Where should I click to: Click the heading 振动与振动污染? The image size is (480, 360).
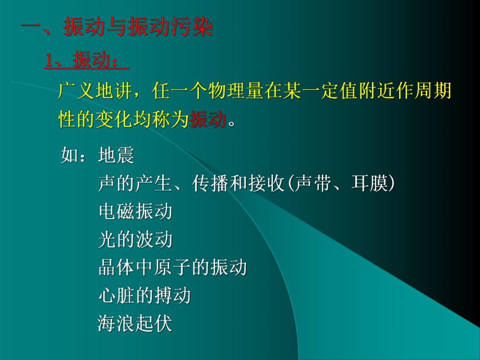pyautogui.click(x=138, y=27)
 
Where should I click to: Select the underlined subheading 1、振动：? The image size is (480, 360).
pyautogui.click(x=86, y=61)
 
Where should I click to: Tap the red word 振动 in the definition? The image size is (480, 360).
pyautogui.click(x=208, y=119)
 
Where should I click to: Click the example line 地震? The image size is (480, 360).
pyautogui.click(x=116, y=155)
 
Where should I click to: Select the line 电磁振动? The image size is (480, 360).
pyautogui.click(x=135, y=212)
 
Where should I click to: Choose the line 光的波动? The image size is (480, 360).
pyautogui.click(x=135, y=240)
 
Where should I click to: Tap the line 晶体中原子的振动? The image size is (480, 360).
pyautogui.click(x=172, y=268)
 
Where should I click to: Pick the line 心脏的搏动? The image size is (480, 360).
pyautogui.click(x=145, y=296)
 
